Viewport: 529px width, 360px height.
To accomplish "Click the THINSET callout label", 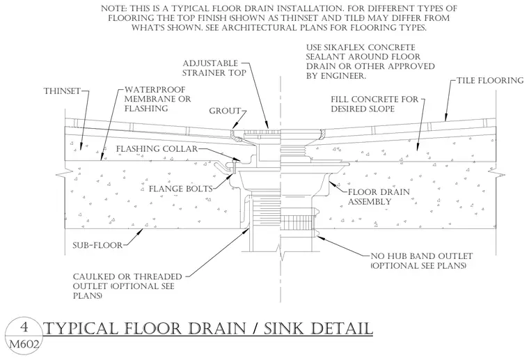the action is point(62,91).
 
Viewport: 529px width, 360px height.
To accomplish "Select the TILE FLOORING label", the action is point(490,80).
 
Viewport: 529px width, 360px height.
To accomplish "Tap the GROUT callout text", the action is point(225,111).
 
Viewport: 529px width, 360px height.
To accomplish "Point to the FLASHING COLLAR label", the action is point(157,149).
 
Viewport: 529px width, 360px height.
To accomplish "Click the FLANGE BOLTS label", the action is point(181,189).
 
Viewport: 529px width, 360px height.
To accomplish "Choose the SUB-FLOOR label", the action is point(97,245).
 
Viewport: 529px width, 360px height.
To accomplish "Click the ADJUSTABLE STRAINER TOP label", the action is point(214,68).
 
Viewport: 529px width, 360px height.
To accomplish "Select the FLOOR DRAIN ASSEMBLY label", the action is point(379,197).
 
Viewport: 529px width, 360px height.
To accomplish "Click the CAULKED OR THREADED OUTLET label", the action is point(127,286).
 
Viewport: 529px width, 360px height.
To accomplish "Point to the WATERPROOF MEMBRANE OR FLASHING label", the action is point(157,99).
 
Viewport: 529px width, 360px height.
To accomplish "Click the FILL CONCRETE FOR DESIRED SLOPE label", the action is point(374,104).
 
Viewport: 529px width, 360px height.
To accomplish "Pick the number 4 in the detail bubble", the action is point(24,327).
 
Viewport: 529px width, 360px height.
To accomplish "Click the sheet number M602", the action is point(24,345).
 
